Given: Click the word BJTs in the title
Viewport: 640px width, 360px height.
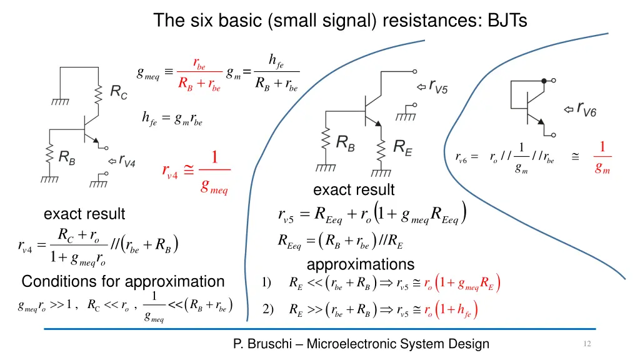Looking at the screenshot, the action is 507,20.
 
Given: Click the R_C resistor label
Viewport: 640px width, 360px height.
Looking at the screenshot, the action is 119,92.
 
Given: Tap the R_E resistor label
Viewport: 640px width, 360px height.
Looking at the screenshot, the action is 403,147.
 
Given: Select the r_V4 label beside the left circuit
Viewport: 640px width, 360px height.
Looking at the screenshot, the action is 127,161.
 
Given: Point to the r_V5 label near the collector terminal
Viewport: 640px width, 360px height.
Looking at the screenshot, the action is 438,86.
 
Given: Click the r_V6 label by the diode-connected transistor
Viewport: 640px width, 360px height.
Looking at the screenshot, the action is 586,109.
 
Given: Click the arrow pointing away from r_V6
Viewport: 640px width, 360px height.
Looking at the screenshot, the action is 569,109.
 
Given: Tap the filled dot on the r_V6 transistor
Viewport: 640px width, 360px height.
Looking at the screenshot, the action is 544,81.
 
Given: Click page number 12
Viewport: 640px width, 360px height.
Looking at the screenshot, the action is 587,344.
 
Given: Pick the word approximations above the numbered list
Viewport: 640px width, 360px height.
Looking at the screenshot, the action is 361,264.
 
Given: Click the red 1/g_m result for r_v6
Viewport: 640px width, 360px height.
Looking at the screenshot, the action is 602,157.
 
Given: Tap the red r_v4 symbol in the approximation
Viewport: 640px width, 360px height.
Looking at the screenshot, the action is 170,171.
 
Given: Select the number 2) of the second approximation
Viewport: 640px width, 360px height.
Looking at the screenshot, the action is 267,309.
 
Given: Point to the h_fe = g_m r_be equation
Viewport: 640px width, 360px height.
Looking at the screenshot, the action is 172,119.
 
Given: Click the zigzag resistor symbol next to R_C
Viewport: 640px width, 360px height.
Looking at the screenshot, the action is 98,95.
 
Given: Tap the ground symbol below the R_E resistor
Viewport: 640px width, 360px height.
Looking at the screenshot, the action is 381,174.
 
